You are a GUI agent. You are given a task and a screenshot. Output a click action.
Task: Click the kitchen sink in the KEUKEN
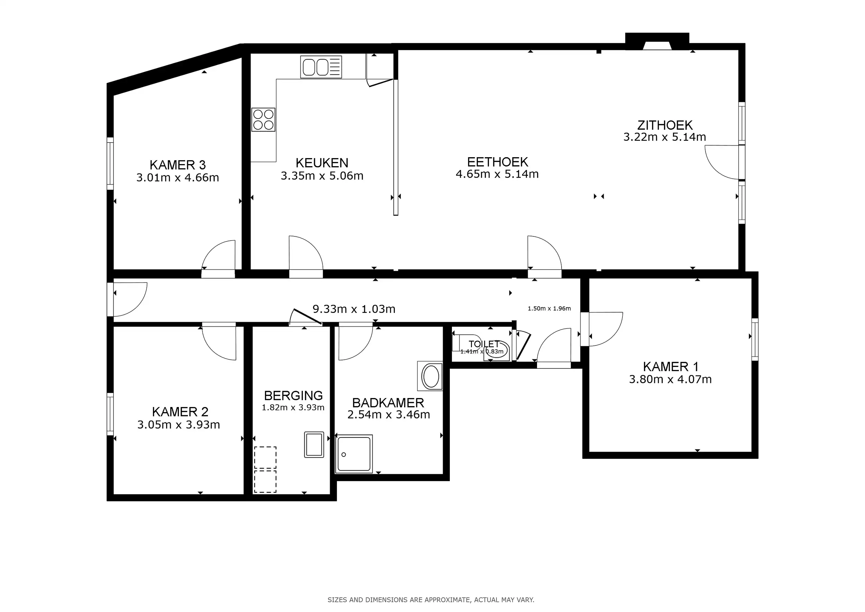coord(321,67)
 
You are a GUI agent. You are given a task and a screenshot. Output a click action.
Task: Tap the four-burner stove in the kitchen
coord(263,119)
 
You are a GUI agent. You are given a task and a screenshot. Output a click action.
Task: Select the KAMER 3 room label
coord(177,165)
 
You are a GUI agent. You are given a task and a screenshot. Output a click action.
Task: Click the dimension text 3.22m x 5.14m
coord(665,137)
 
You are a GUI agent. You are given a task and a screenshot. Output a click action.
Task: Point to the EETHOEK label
coord(497,162)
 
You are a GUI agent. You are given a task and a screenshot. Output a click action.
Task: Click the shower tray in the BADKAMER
coord(354,454)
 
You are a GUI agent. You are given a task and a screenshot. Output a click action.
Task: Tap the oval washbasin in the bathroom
coord(430,376)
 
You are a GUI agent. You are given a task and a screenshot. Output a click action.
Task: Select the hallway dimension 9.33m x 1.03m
coord(354,309)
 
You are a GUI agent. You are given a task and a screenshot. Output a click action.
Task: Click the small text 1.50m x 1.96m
coord(549,309)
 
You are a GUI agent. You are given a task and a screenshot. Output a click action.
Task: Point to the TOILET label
coord(484,344)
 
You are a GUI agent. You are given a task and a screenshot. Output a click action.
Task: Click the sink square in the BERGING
coord(314,445)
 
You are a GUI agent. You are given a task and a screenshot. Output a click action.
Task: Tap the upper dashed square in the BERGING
coord(265,458)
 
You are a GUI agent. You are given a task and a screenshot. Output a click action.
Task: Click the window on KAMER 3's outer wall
coord(110,163)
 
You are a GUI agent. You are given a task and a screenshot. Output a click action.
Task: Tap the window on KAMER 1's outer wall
coord(755,339)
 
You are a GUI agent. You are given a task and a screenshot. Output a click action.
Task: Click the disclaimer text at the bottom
coord(431,600)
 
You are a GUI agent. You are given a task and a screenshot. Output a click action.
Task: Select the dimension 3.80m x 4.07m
coord(670,379)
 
